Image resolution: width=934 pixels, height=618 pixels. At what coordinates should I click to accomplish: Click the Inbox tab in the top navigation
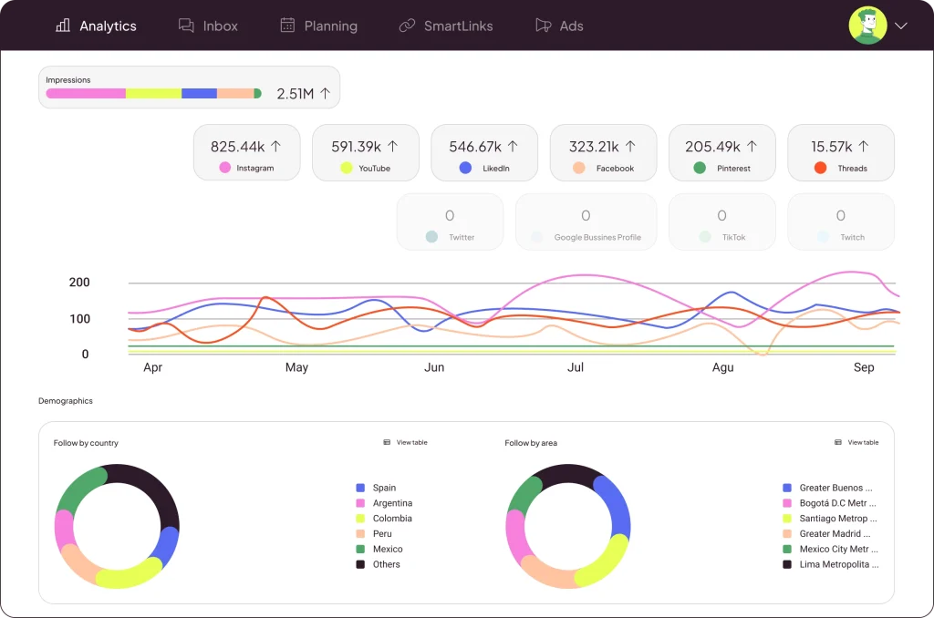209,26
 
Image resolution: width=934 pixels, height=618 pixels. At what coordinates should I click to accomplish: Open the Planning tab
318,26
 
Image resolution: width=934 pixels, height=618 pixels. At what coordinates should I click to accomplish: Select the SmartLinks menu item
446,26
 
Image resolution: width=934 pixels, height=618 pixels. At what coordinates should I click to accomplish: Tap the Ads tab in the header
559,26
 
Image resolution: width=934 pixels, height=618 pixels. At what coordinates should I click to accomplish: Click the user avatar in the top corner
867,26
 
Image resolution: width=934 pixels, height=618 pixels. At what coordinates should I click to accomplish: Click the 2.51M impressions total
303,94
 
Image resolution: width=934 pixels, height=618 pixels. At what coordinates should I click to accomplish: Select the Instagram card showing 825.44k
246,152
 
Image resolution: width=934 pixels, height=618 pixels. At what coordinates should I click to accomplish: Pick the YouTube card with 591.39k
365,152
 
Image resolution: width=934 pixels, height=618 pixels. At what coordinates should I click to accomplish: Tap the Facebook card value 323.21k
603,147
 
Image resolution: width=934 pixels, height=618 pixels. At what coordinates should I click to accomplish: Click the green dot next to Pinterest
700,168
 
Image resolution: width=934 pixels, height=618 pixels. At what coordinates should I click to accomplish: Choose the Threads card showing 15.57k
840,152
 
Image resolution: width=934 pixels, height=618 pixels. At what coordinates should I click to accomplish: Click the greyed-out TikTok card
721,221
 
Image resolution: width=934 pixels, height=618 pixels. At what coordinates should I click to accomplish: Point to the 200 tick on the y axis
80,283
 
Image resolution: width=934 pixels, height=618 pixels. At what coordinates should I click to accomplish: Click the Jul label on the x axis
576,367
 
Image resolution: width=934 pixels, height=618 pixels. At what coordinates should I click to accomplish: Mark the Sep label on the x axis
864,367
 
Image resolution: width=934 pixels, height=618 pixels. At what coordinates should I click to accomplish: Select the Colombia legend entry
391,519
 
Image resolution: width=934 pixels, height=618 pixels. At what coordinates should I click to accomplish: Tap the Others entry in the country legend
386,564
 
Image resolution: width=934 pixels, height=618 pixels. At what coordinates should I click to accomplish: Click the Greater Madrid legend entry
834,534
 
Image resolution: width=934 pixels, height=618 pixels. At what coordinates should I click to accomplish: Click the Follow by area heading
531,443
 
